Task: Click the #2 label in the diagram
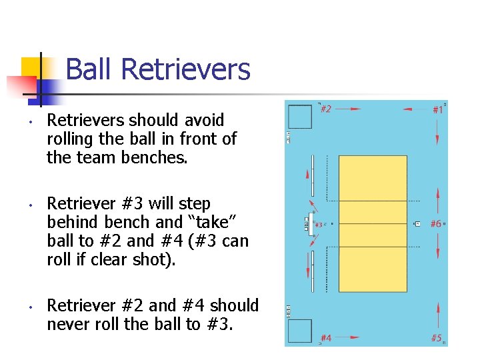pyautogui.click(x=326, y=109)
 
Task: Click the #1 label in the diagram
pyautogui.click(x=437, y=109)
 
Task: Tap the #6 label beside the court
pyautogui.click(x=436, y=224)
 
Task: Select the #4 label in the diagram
pyautogui.click(x=327, y=338)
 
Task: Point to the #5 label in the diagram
pyautogui.click(x=437, y=338)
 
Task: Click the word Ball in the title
pyautogui.click(x=91, y=69)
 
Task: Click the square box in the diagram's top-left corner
pyautogui.click(x=300, y=117)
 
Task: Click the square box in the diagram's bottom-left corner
pyautogui.click(x=300, y=331)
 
